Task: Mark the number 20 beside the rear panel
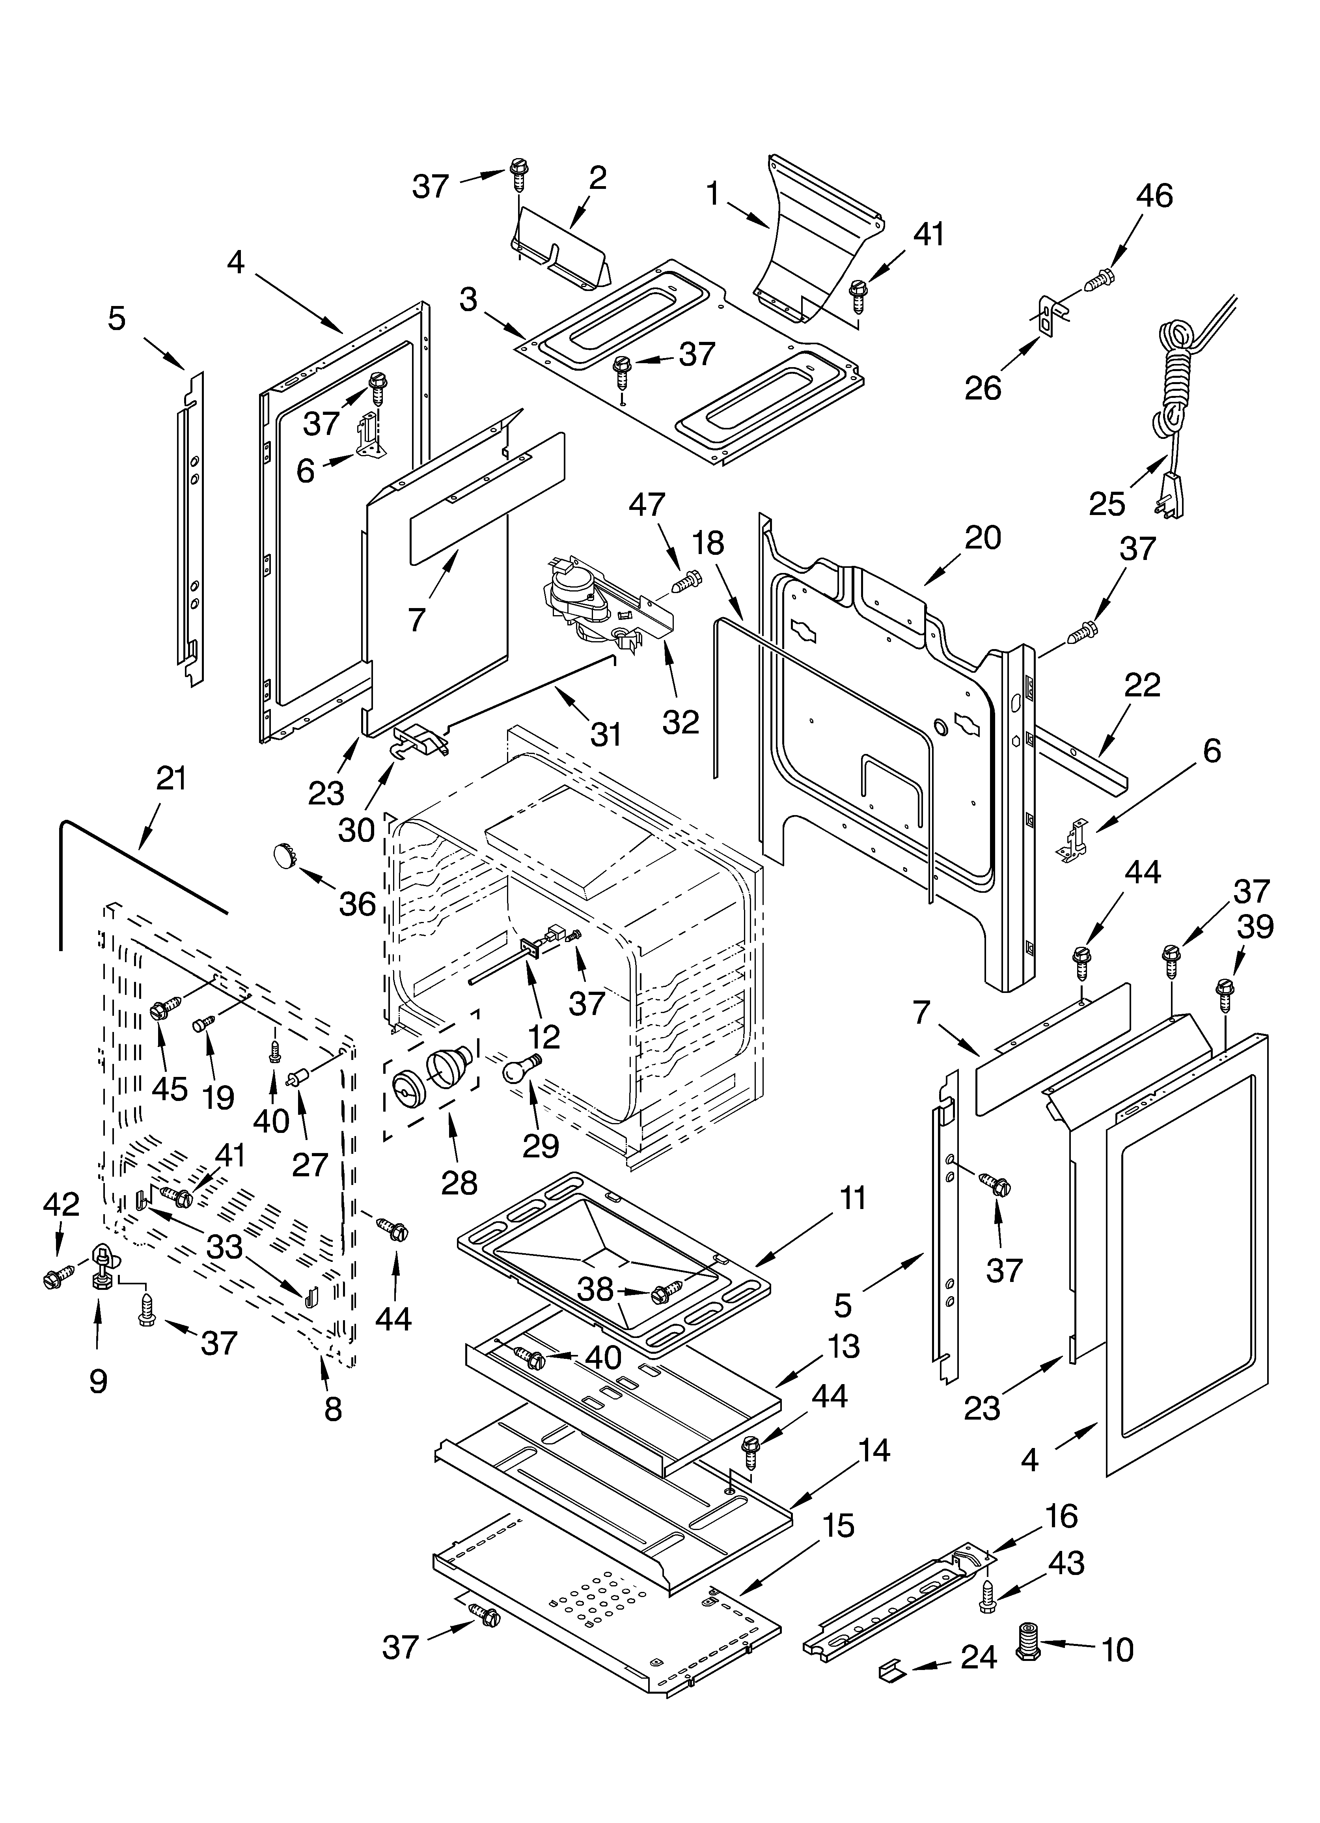pos(983,537)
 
